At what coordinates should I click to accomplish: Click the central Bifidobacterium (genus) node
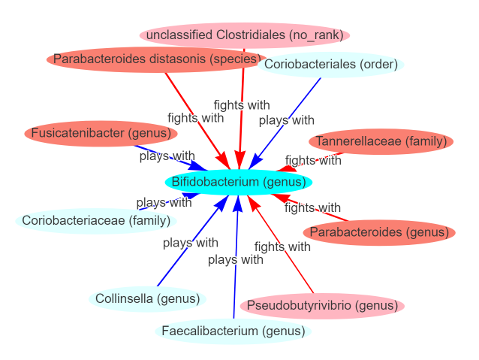(238, 182)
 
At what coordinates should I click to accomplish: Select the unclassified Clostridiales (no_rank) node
(245, 35)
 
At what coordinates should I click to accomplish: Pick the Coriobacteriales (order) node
(330, 65)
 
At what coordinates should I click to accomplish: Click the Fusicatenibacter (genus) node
(101, 134)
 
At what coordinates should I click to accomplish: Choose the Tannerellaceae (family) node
(381, 141)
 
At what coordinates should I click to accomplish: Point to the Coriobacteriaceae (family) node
(96, 220)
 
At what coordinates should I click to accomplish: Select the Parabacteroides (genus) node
(379, 233)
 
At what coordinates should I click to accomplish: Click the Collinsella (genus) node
(147, 298)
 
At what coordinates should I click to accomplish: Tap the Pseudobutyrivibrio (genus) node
(322, 306)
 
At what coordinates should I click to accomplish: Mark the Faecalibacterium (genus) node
(233, 331)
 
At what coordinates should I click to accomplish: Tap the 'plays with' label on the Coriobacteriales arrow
(286, 120)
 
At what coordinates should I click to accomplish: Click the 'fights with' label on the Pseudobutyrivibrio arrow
(282, 247)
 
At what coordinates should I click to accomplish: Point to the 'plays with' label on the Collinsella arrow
(191, 243)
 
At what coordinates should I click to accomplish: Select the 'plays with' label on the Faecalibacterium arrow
(236, 260)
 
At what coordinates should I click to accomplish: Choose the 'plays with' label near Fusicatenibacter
(167, 156)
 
